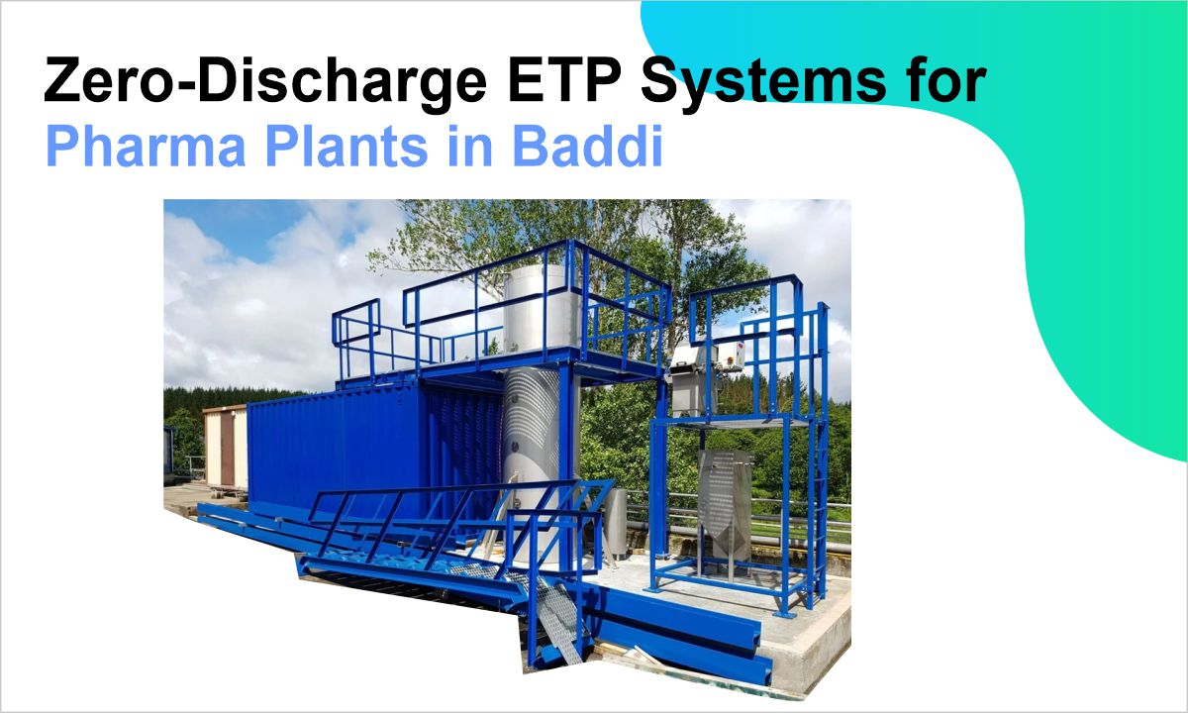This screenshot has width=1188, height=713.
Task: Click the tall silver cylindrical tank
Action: click(530, 426)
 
